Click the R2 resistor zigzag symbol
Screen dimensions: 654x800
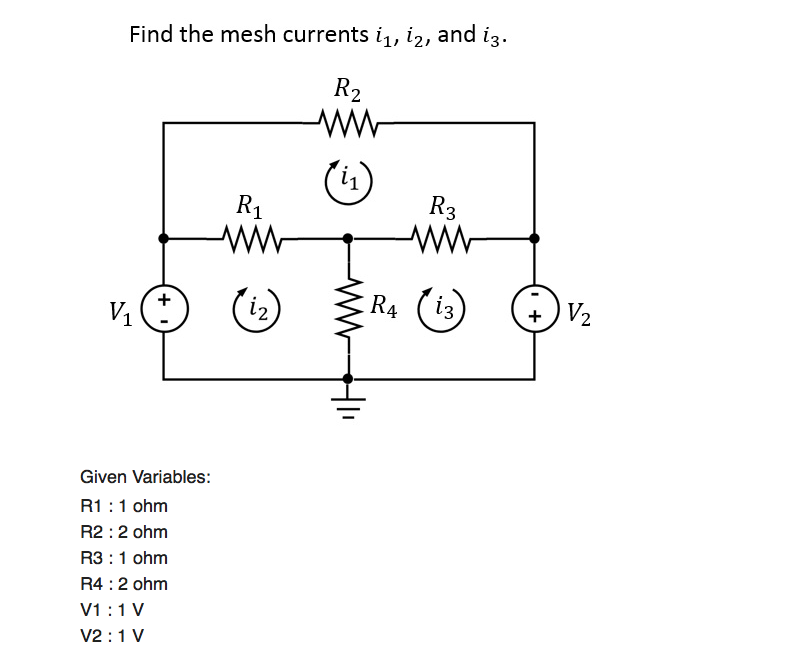(347, 123)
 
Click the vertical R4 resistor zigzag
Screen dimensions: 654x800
(348, 308)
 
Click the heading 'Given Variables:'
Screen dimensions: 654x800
(145, 476)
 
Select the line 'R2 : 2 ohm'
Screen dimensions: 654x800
(123, 531)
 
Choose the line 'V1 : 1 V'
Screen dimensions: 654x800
(111, 609)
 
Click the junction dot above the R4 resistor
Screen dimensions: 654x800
(348, 239)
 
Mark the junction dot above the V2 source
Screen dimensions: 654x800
(534, 239)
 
